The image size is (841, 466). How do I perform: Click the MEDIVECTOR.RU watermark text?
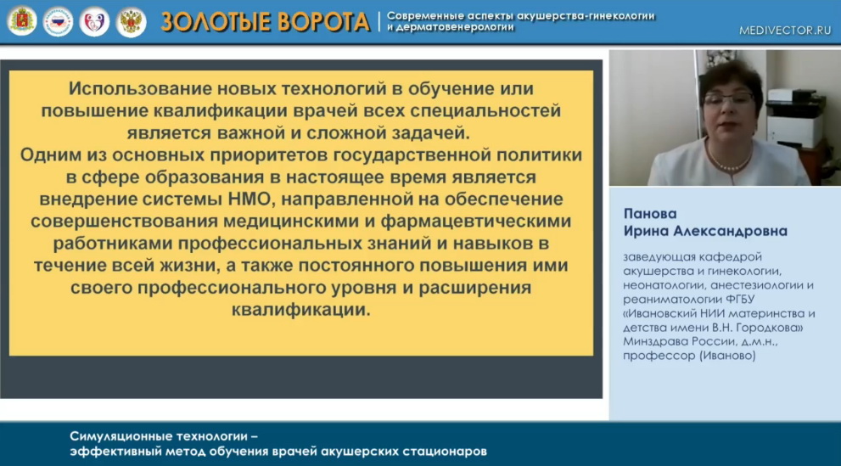click(x=785, y=31)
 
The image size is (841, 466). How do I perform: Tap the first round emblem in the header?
click(x=22, y=21)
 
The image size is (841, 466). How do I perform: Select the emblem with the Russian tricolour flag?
click(x=58, y=21)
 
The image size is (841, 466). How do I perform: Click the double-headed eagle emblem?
click(x=131, y=22)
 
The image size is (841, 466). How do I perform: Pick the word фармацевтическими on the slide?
click(x=476, y=222)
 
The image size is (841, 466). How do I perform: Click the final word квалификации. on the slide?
click(x=301, y=310)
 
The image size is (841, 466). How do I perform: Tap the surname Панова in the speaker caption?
click(x=650, y=213)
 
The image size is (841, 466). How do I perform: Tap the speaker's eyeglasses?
click(x=728, y=98)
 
